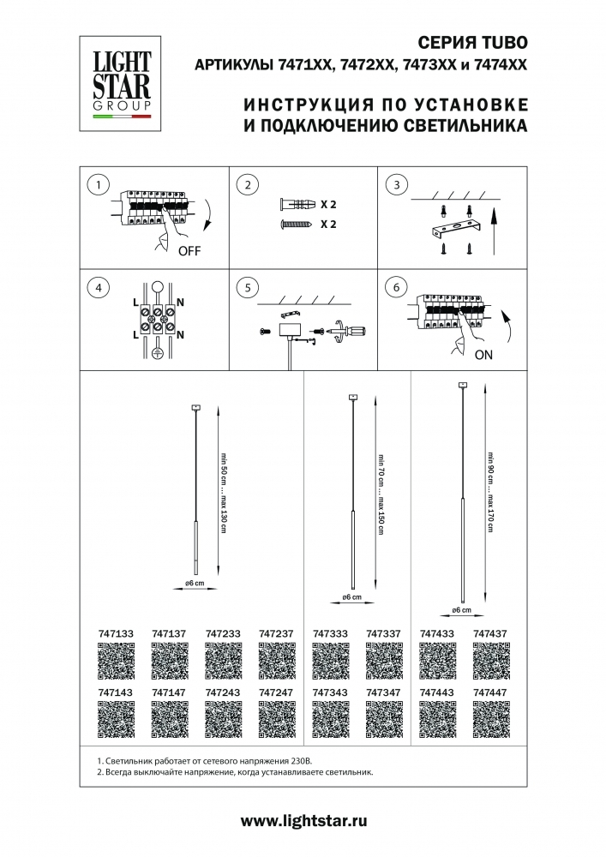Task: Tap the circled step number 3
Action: pyautogui.click(x=394, y=185)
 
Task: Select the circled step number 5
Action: pyautogui.click(x=247, y=288)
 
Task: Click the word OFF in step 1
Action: pyautogui.click(x=191, y=251)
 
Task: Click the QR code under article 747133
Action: pyautogui.click(x=116, y=661)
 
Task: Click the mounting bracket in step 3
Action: pyautogui.click(x=455, y=229)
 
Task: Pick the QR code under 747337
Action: pyautogui.click(x=383, y=661)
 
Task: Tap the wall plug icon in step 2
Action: pyautogui.click(x=296, y=206)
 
